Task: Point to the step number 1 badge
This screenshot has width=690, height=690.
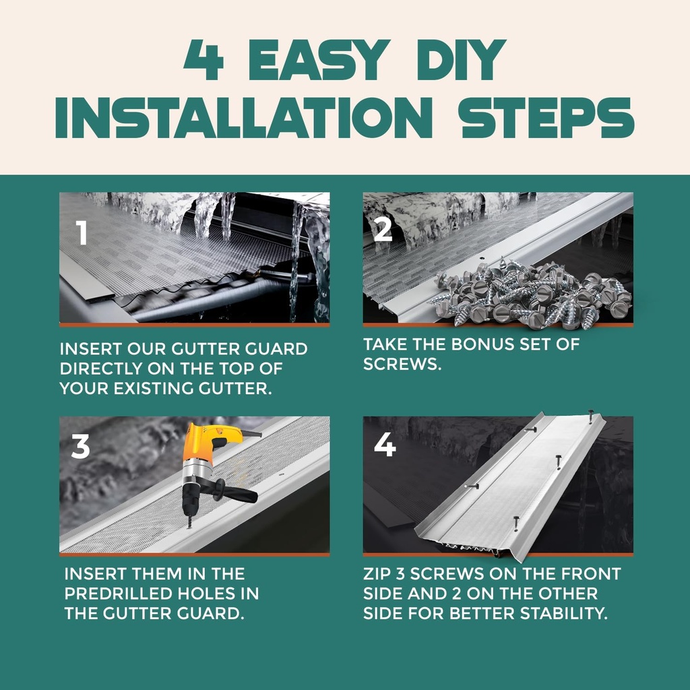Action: pos(82,233)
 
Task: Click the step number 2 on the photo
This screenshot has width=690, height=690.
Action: pos(383,229)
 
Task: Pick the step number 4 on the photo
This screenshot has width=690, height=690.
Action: pos(384,445)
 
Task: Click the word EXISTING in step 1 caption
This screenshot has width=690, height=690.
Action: pos(153,389)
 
